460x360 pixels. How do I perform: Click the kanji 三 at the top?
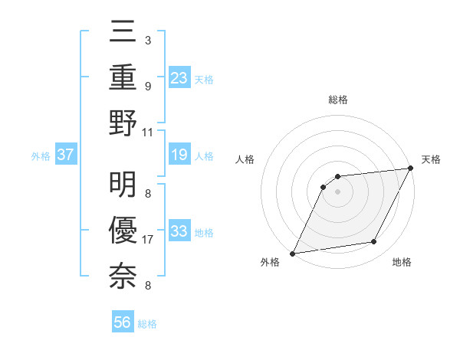coord(123,31)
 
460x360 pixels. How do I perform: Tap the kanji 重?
coord(123,77)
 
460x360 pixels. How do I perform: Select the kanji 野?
coord(123,123)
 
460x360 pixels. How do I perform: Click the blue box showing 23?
coord(179,77)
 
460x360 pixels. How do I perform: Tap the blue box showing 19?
coord(179,155)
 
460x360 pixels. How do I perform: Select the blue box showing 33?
coord(179,231)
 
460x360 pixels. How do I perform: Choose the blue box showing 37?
coord(65,155)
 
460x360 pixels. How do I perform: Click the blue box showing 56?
coord(123,322)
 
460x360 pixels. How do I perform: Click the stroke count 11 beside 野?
coord(149,132)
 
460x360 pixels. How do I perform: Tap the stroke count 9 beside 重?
coord(148,87)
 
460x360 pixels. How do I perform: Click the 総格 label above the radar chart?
coord(338,100)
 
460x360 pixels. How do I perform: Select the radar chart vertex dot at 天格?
coord(412,168)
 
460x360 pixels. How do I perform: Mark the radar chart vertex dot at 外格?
coord(292,254)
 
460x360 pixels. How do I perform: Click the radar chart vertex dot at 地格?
coord(374,242)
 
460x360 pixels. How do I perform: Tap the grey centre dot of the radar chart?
coord(337,192)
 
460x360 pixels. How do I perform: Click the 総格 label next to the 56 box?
coord(147,324)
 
